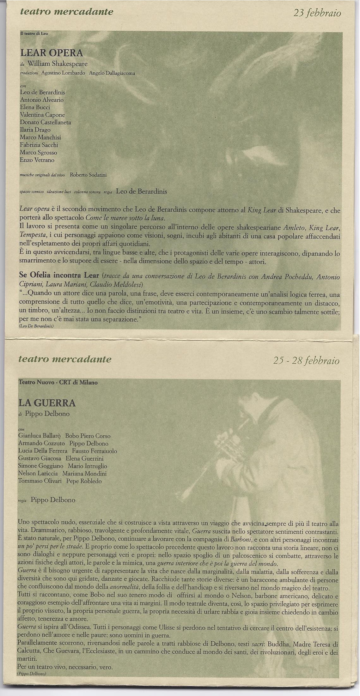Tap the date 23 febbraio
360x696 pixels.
pyautogui.click(x=317, y=13)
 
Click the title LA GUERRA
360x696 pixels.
pyautogui.click(x=47, y=403)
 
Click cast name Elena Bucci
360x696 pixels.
pyautogui.click(x=35, y=107)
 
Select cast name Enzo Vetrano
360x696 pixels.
pyautogui.click(x=37, y=160)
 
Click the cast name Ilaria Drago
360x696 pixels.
pyautogui.click(x=35, y=130)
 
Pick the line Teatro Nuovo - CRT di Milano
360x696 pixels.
pyautogui.click(x=58, y=382)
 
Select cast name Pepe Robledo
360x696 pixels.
pyautogui.click(x=84, y=481)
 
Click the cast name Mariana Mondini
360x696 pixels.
pyautogui.click(x=84, y=474)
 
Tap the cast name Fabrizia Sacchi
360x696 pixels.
pyautogui.click(x=39, y=145)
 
